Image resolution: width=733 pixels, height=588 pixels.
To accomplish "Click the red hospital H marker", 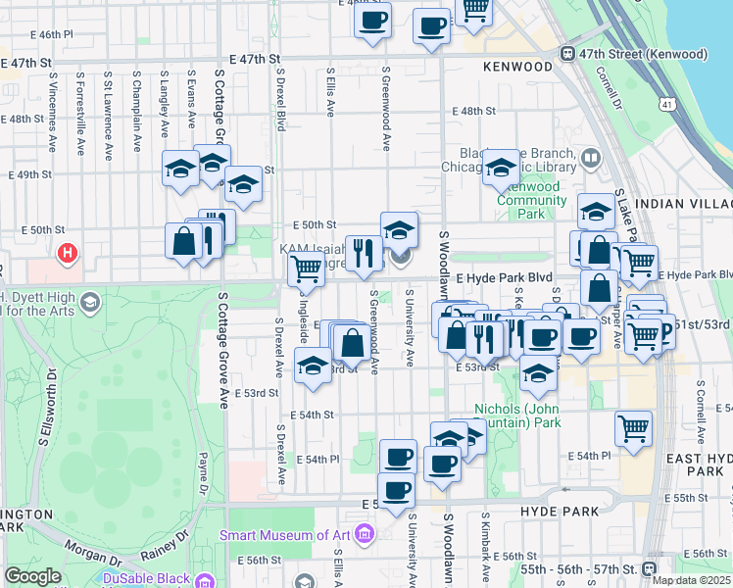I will (x=67, y=254).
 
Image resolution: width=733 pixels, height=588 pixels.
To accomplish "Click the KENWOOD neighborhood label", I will (x=518, y=67).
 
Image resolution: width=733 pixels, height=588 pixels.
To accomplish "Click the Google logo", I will (x=33, y=576).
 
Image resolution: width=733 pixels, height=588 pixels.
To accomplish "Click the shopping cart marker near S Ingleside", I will (x=307, y=268).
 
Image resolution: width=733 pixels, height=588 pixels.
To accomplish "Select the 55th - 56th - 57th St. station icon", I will (x=649, y=568).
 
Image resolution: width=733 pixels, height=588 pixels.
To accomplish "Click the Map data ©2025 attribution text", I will (x=691, y=580).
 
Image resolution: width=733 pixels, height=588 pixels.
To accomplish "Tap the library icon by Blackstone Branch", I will (x=591, y=157).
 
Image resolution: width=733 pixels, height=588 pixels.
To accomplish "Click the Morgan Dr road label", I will (x=93, y=560).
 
